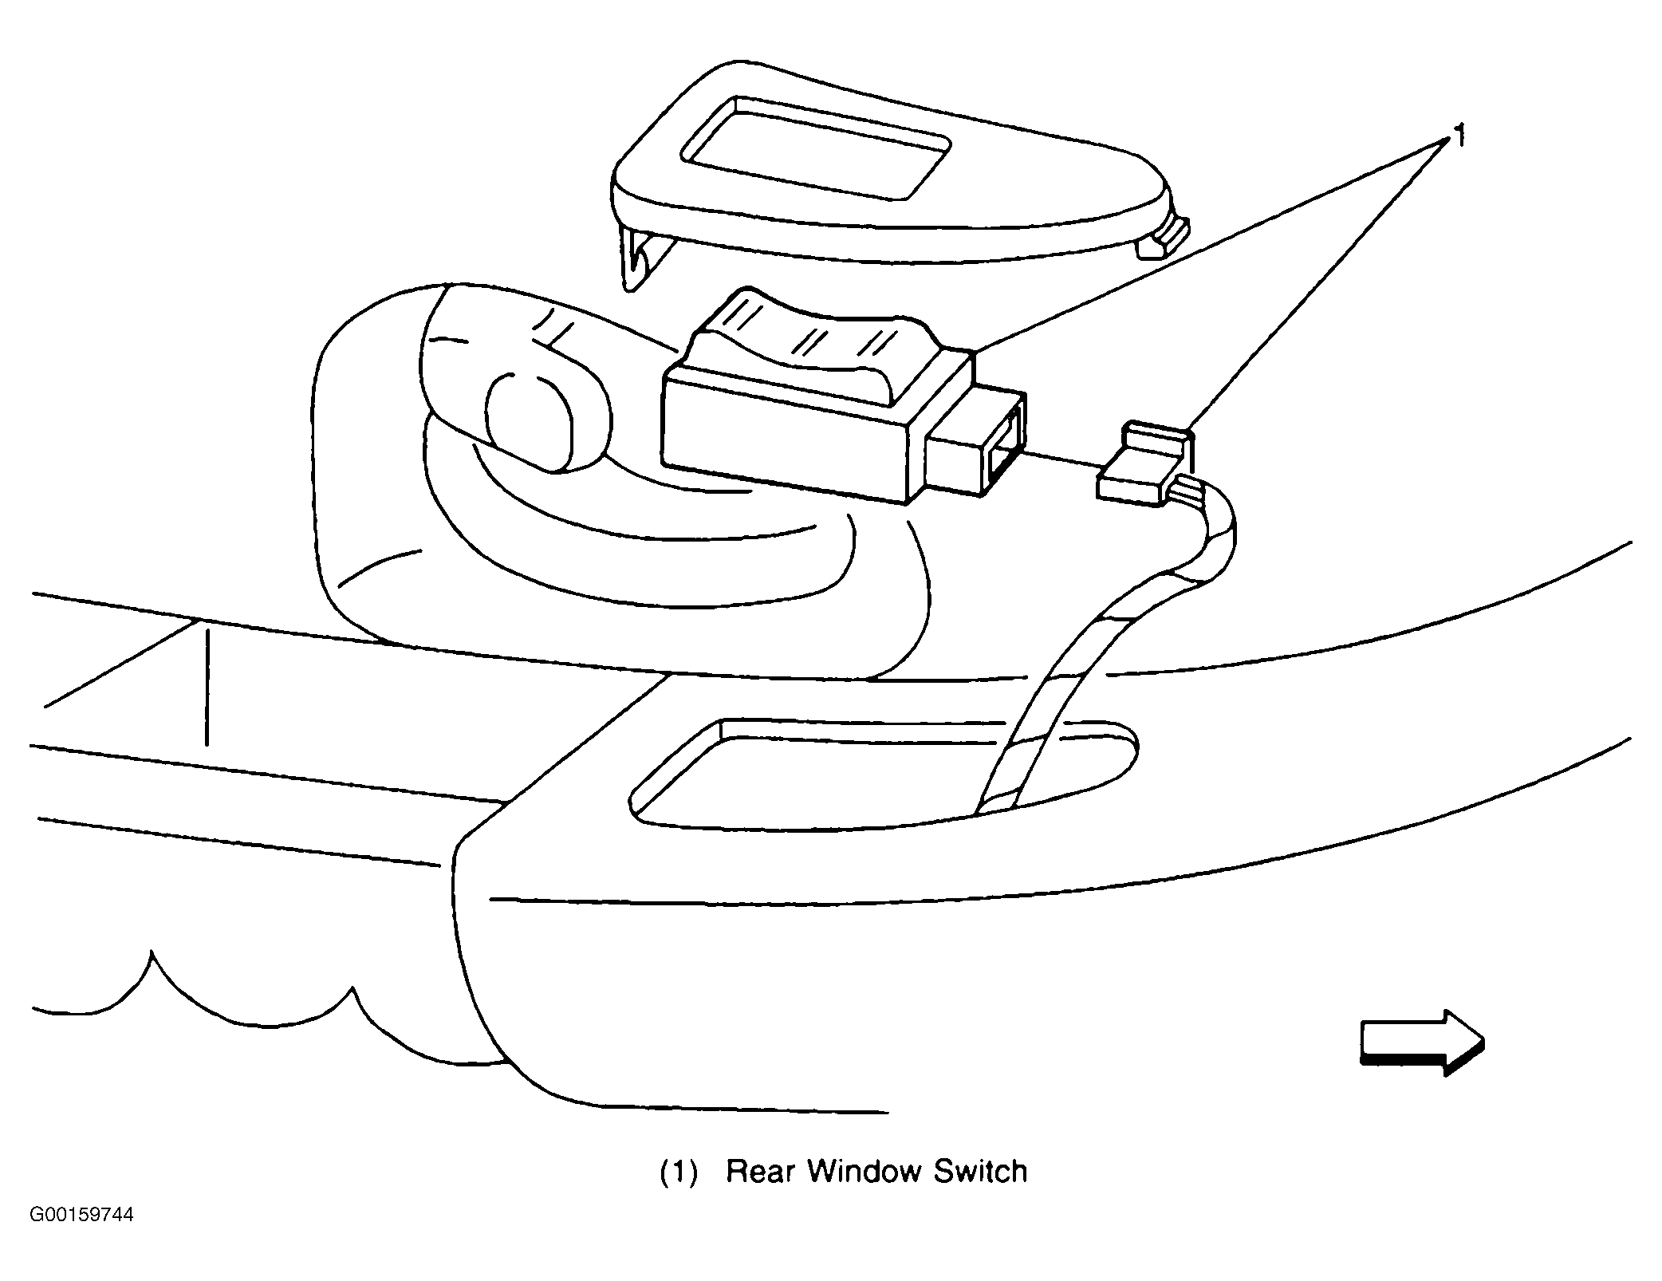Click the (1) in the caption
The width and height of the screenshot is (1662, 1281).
coord(679,1172)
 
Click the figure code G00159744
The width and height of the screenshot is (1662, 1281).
coord(81,1215)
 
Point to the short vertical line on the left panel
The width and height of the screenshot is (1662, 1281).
coord(207,688)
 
